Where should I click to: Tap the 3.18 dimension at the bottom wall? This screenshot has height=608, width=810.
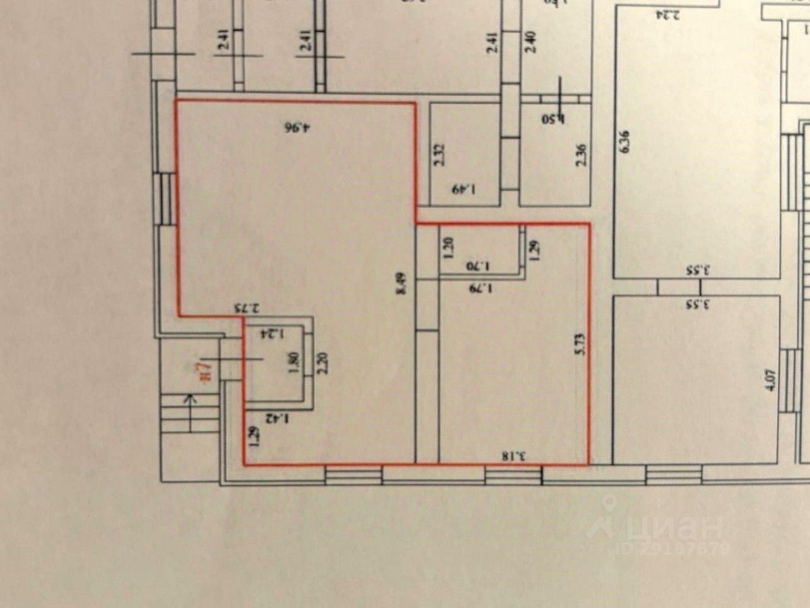pyautogui.click(x=515, y=457)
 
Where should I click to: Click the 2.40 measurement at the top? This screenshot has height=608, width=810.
pyautogui.click(x=531, y=43)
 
